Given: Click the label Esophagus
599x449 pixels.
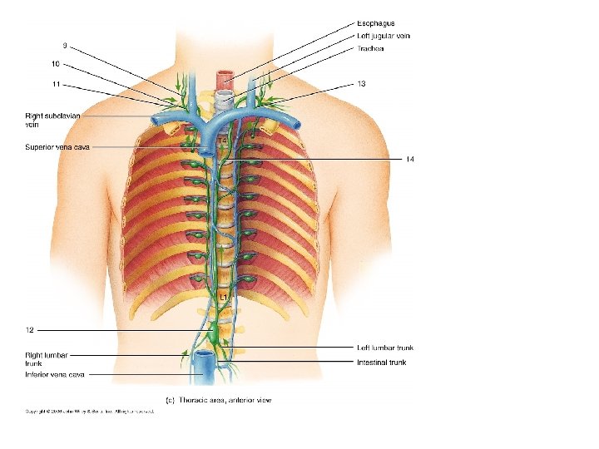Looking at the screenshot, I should [376, 23].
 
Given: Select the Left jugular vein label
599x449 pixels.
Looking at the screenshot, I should [384, 36].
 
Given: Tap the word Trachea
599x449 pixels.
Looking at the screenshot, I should [370, 48].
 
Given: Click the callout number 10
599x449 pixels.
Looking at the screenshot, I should [55, 64].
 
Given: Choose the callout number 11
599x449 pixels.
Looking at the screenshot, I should [55, 84].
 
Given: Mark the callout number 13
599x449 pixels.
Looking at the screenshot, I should [362, 83].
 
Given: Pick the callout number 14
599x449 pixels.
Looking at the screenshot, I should [410, 158].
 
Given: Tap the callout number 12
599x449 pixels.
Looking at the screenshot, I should [29, 331].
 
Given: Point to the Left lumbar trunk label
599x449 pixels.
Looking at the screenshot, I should [385, 348].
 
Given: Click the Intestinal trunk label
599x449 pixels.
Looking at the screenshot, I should [382, 363].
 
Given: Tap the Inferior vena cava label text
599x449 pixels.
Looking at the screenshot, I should [54, 375].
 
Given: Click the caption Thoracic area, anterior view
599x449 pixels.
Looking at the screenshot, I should [219, 400].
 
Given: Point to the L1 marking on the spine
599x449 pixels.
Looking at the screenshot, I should [224, 297].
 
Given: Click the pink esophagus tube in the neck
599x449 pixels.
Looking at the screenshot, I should [225, 81].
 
